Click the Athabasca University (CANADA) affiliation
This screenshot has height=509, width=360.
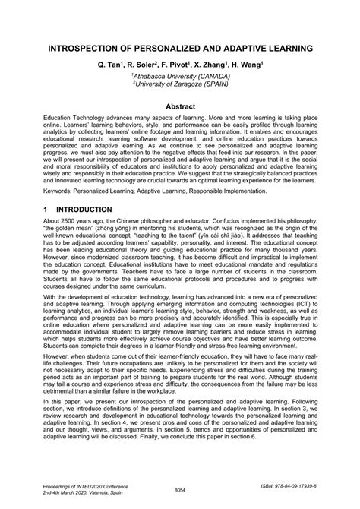point(181,76)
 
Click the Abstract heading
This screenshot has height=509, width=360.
point(180,107)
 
